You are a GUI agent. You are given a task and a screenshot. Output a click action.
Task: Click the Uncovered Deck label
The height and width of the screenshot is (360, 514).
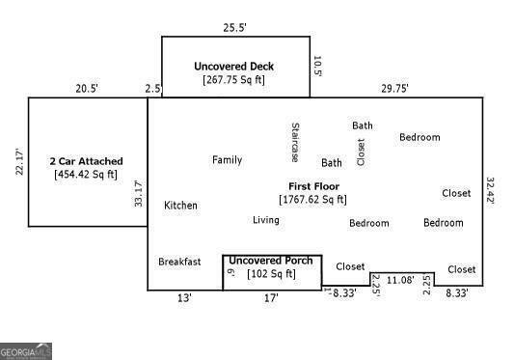pyautogui.click(x=233, y=67)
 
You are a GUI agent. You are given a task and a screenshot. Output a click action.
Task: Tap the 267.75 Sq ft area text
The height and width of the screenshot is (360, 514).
pyautogui.click(x=233, y=80)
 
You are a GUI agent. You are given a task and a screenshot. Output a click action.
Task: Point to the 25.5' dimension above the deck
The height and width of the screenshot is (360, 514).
pyautogui.click(x=235, y=27)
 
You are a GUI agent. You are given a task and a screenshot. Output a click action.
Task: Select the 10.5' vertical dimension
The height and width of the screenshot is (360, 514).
pyautogui.click(x=317, y=66)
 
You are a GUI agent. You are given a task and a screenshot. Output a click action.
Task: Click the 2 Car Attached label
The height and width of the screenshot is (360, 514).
pyautogui.click(x=87, y=161)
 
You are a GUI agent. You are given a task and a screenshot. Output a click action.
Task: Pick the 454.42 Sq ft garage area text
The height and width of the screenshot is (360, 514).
pyautogui.click(x=87, y=175)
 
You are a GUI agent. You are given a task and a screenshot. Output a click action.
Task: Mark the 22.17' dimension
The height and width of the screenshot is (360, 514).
pyautogui.click(x=17, y=160)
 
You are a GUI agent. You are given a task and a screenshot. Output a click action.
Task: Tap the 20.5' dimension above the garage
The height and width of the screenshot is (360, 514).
pyautogui.click(x=87, y=88)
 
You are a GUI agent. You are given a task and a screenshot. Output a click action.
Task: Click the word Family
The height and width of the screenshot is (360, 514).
pyautogui.click(x=227, y=160)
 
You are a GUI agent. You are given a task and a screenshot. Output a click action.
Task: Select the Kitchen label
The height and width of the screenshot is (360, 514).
pyautogui.click(x=180, y=206)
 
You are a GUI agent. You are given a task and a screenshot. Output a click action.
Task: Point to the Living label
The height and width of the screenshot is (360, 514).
pyautogui.click(x=266, y=220)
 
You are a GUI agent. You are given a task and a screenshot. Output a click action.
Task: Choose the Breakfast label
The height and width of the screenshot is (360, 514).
pyautogui.click(x=179, y=262)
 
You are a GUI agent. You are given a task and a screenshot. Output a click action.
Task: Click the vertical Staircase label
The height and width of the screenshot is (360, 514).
pyautogui.click(x=294, y=142)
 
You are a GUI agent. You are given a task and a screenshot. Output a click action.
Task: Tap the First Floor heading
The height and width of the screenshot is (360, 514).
pyautogui.click(x=313, y=185)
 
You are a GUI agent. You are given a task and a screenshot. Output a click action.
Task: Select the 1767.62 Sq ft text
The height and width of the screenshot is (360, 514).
pyautogui.click(x=313, y=200)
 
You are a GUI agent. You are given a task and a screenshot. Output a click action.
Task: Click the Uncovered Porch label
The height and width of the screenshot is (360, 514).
pyautogui.click(x=270, y=261)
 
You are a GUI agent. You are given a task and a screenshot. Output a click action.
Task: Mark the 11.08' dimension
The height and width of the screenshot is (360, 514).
pyautogui.click(x=399, y=280)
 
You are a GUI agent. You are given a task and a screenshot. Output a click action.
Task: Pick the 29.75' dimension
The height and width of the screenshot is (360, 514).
pyautogui.click(x=393, y=88)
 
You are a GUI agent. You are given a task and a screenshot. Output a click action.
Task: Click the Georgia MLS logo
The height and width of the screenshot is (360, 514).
pyautogui.click(x=26, y=352)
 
